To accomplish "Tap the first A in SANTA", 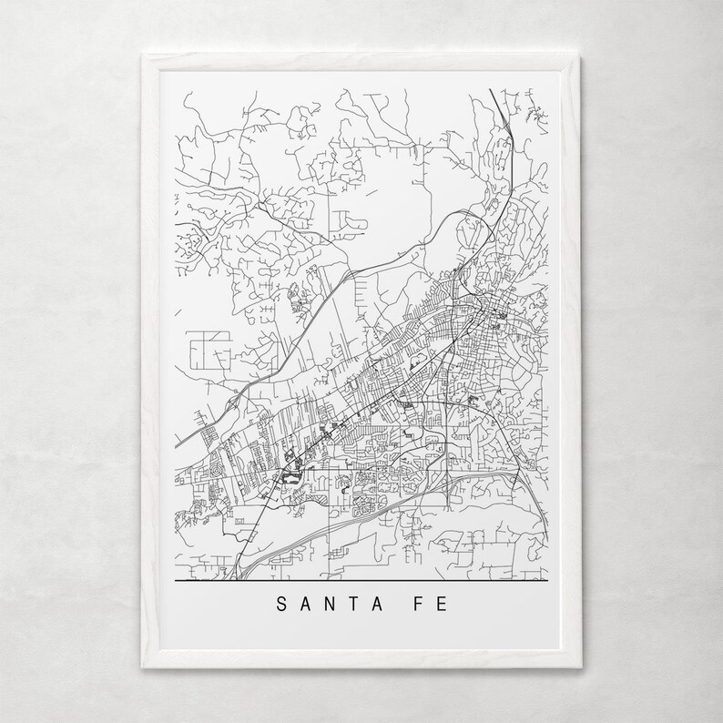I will [307, 603].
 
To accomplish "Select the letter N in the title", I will [334, 603].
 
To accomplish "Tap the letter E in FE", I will [444, 603].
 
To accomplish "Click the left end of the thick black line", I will [175, 580].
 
